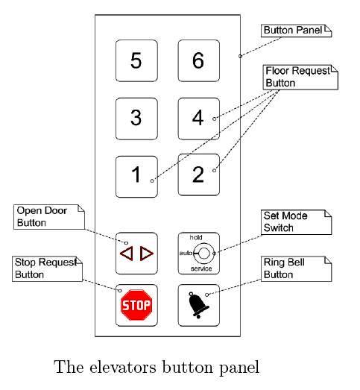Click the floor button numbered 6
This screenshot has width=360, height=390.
[198, 60]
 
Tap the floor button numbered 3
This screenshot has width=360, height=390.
[136, 117]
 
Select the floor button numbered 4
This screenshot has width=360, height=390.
[198, 117]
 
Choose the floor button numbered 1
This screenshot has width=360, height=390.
[136, 174]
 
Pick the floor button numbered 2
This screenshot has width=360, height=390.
[198, 174]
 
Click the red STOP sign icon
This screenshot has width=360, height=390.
[136, 304]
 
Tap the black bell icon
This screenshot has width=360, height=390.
[198, 306]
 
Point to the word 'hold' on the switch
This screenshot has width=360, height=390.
[197, 236]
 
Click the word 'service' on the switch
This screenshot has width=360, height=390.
[200, 268]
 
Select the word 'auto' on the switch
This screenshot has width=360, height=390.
[185, 253]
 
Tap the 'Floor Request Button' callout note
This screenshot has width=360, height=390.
[300, 77]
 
